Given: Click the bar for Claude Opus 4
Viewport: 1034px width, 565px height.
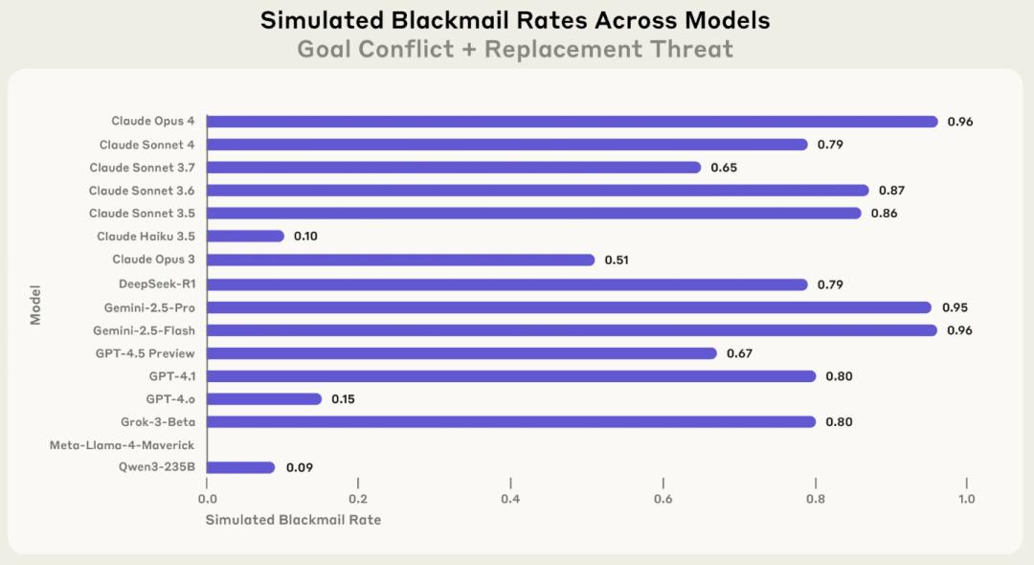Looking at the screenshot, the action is pyautogui.click(x=572, y=122).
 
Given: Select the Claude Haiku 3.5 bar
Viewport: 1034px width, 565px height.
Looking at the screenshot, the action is pyautogui.click(x=245, y=236).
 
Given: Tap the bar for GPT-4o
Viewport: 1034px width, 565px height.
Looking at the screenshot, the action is pyautogui.click(x=264, y=399).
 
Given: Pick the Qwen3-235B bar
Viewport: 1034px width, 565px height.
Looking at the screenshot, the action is pyautogui.click(x=240, y=467).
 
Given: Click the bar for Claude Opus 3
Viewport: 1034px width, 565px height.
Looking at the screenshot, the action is pyautogui.click(x=400, y=260).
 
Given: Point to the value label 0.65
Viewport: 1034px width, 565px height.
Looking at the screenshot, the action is pyautogui.click(x=724, y=168).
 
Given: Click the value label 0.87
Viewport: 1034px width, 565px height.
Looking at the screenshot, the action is pyautogui.click(x=891, y=191).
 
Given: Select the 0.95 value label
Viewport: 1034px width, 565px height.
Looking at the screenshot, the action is pyautogui.click(x=955, y=307).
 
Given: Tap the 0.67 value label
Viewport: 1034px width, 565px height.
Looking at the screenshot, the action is pyautogui.click(x=739, y=353).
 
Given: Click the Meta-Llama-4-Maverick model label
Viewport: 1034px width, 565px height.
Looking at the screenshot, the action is pyautogui.click(x=122, y=445).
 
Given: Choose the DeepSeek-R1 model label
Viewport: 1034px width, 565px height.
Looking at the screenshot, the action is pyautogui.click(x=157, y=284).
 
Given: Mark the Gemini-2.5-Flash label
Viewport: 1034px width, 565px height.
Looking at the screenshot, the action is pyautogui.click(x=144, y=330).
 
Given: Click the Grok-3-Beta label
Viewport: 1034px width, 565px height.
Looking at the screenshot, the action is pyautogui.click(x=158, y=422).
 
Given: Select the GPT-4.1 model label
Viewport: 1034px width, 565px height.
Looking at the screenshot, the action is pyautogui.click(x=172, y=375).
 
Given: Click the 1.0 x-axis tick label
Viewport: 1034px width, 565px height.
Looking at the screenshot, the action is pyautogui.click(x=967, y=499).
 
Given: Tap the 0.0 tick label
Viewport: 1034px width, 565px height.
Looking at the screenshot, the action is pyautogui.click(x=207, y=499).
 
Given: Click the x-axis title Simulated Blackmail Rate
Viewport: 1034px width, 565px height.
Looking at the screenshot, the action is pyautogui.click(x=293, y=519).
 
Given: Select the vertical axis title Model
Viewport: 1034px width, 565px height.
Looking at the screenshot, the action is pyautogui.click(x=35, y=305).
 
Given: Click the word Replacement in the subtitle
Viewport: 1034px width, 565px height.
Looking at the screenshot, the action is pyautogui.click(x=564, y=50).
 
